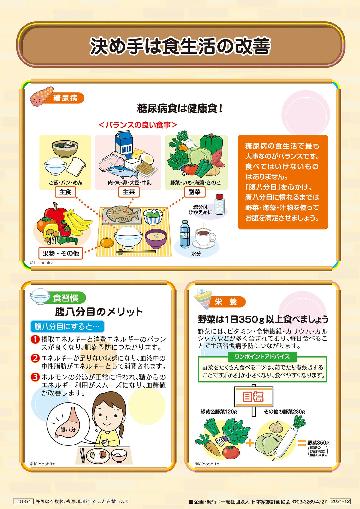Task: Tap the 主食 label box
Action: click(65, 192)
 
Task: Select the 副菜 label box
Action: click(194, 192)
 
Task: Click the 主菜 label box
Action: click(129, 192)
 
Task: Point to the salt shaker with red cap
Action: click(219, 205)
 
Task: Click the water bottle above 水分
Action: click(185, 234)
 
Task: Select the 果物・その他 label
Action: click(61, 253)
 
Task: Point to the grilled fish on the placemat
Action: click(121, 214)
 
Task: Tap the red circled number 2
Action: click(35, 358)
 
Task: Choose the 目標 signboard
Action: click(253, 397)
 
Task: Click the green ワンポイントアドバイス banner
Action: click(262, 357)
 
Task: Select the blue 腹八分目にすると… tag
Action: click(67, 326)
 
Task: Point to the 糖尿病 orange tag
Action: click(65, 98)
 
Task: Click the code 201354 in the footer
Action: click(24, 501)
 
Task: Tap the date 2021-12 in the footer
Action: click(340, 501)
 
